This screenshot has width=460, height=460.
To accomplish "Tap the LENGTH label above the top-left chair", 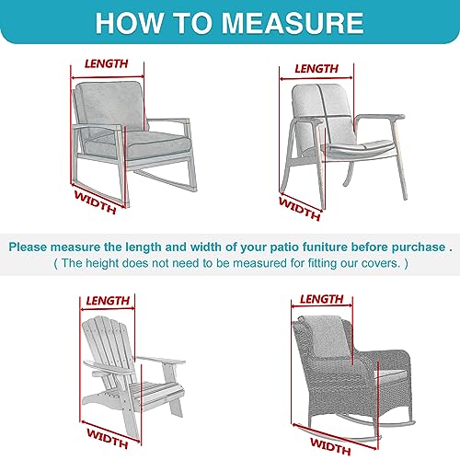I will click(107, 63).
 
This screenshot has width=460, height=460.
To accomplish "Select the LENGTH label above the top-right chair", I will click(316, 68).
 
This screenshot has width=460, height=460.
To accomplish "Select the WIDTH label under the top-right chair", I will click(301, 208).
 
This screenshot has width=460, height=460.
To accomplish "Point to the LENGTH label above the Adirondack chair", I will click(107, 300).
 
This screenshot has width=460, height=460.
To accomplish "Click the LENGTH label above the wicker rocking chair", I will click(321, 299).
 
